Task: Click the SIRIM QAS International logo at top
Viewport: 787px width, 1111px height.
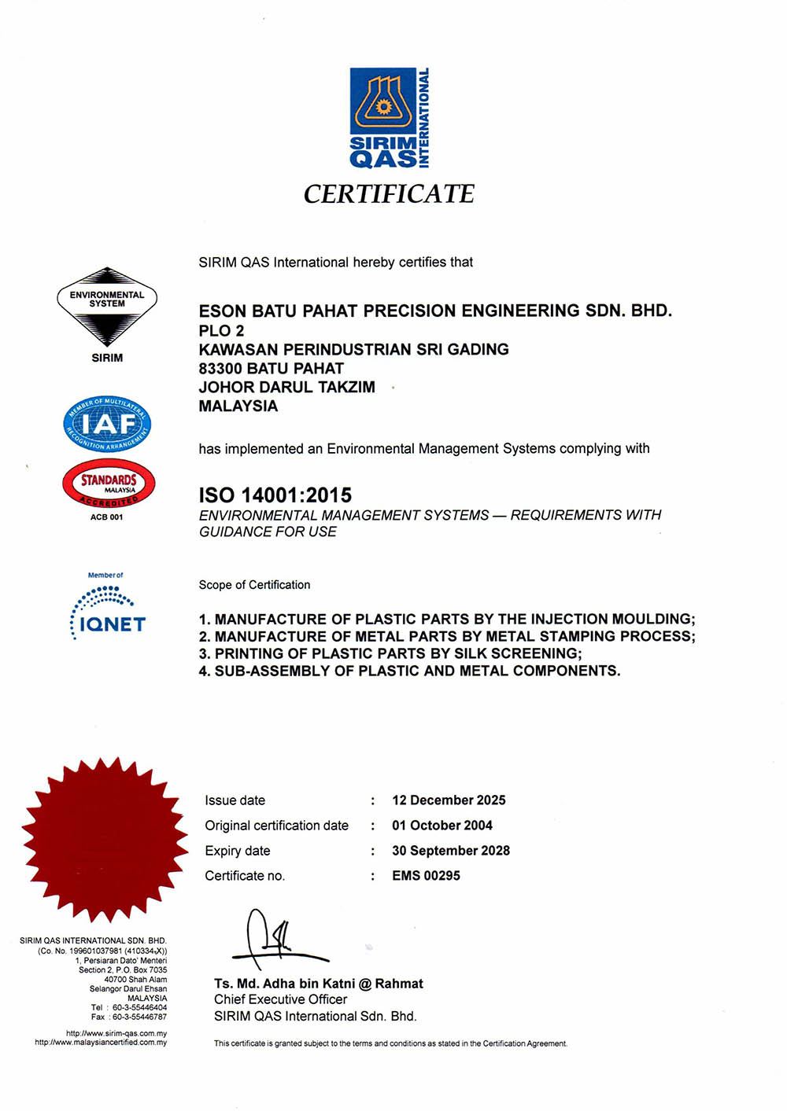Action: click(x=390, y=117)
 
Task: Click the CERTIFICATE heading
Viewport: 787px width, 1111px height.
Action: click(x=389, y=194)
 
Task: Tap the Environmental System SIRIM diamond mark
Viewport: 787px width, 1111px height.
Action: click(x=107, y=307)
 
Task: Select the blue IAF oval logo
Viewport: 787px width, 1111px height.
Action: click(x=107, y=424)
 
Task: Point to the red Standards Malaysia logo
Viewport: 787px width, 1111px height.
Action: click(x=109, y=484)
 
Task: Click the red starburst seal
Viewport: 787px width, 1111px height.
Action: click(x=104, y=838)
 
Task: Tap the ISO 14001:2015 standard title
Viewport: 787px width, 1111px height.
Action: click(x=275, y=495)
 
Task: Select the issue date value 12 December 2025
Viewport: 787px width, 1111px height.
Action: click(x=449, y=800)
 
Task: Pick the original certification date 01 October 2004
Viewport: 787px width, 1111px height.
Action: click(x=442, y=826)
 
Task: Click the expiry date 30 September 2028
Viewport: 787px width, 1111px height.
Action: click(x=451, y=851)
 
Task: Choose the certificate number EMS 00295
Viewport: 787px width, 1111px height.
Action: click(x=426, y=876)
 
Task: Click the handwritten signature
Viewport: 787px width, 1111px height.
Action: click(x=275, y=940)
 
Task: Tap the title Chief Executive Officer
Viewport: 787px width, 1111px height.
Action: click(x=280, y=999)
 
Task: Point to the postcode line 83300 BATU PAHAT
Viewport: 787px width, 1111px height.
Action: click(x=271, y=368)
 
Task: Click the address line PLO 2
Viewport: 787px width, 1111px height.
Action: click(x=221, y=330)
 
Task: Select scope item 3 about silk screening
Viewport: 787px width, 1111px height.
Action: click(x=390, y=653)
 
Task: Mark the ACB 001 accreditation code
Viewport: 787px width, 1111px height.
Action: click(x=106, y=517)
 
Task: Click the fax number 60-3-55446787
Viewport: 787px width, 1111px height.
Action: click(x=139, y=1017)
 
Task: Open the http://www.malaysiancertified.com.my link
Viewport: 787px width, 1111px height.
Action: click(x=101, y=1043)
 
